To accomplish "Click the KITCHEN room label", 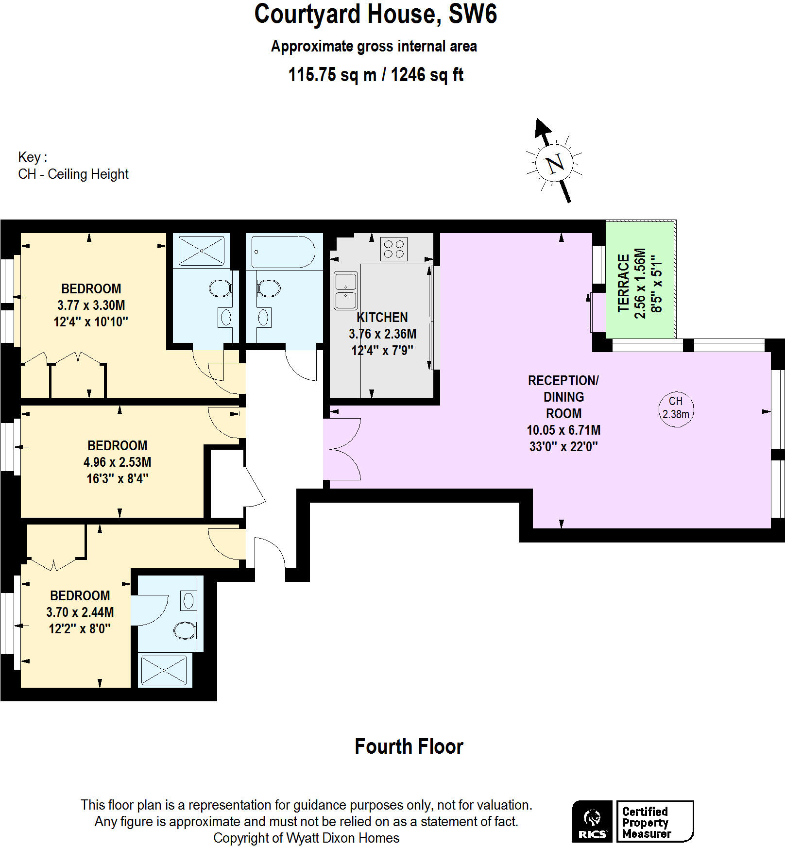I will click(382, 317).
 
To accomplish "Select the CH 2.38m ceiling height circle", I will click(676, 409).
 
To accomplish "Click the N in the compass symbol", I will click(555, 163).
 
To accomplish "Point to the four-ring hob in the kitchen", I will click(393, 249).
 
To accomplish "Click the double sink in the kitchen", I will click(346, 290).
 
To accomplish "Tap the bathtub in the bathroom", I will click(284, 252).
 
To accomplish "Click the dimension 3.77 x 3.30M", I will click(91, 305).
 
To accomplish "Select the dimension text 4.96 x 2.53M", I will click(117, 462).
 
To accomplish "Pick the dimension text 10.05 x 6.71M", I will click(563, 430).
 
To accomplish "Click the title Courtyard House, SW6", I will click(375, 15).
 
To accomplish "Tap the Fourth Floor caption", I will click(409, 746).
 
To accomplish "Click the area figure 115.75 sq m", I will click(332, 75).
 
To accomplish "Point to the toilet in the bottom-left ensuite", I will click(185, 630).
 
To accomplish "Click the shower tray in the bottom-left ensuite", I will click(164, 670).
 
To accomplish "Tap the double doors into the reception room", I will click(343, 449).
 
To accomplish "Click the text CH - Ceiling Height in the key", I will click(73, 174).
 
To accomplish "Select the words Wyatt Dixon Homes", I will click(342, 838).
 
